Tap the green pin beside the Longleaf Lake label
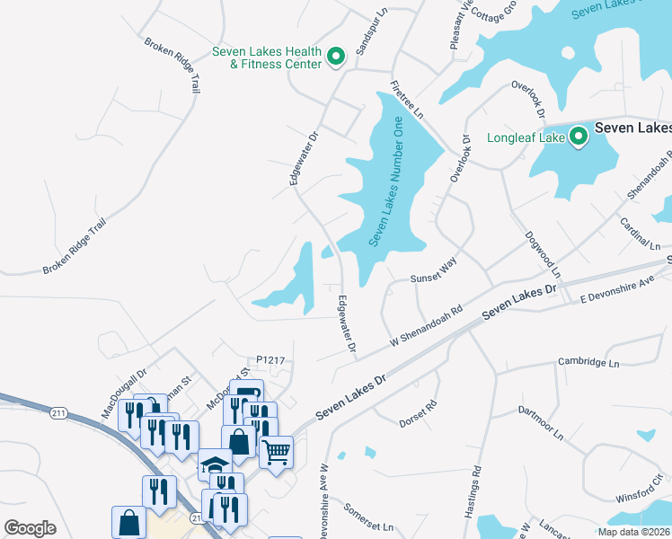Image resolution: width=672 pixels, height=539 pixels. [x=579, y=137]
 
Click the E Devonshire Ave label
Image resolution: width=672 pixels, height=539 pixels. [x=618, y=289]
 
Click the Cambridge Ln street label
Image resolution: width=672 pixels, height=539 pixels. [x=590, y=363]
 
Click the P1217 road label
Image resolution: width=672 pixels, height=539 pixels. [x=270, y=360]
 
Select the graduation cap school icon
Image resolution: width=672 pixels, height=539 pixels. [x=215, y=464]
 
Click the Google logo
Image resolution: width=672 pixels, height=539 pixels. [x=31, y=528]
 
